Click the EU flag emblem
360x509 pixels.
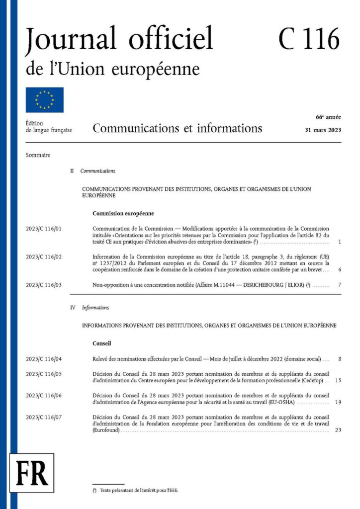(x=45, y=100)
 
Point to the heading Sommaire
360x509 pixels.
(x=38, y=155)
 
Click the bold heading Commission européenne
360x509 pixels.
(x=123, y=214)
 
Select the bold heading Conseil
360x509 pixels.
(x=101, y=343)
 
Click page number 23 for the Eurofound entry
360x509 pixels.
(x=338, y=430)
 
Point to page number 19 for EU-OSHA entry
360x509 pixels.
(x=338, y=402)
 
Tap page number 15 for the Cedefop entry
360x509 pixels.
(x=338, y=380)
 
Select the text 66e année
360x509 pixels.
(x=328, y=117)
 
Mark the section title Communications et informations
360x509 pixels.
(x=177, y=128)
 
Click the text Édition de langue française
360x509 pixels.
(x=49, y=126)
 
